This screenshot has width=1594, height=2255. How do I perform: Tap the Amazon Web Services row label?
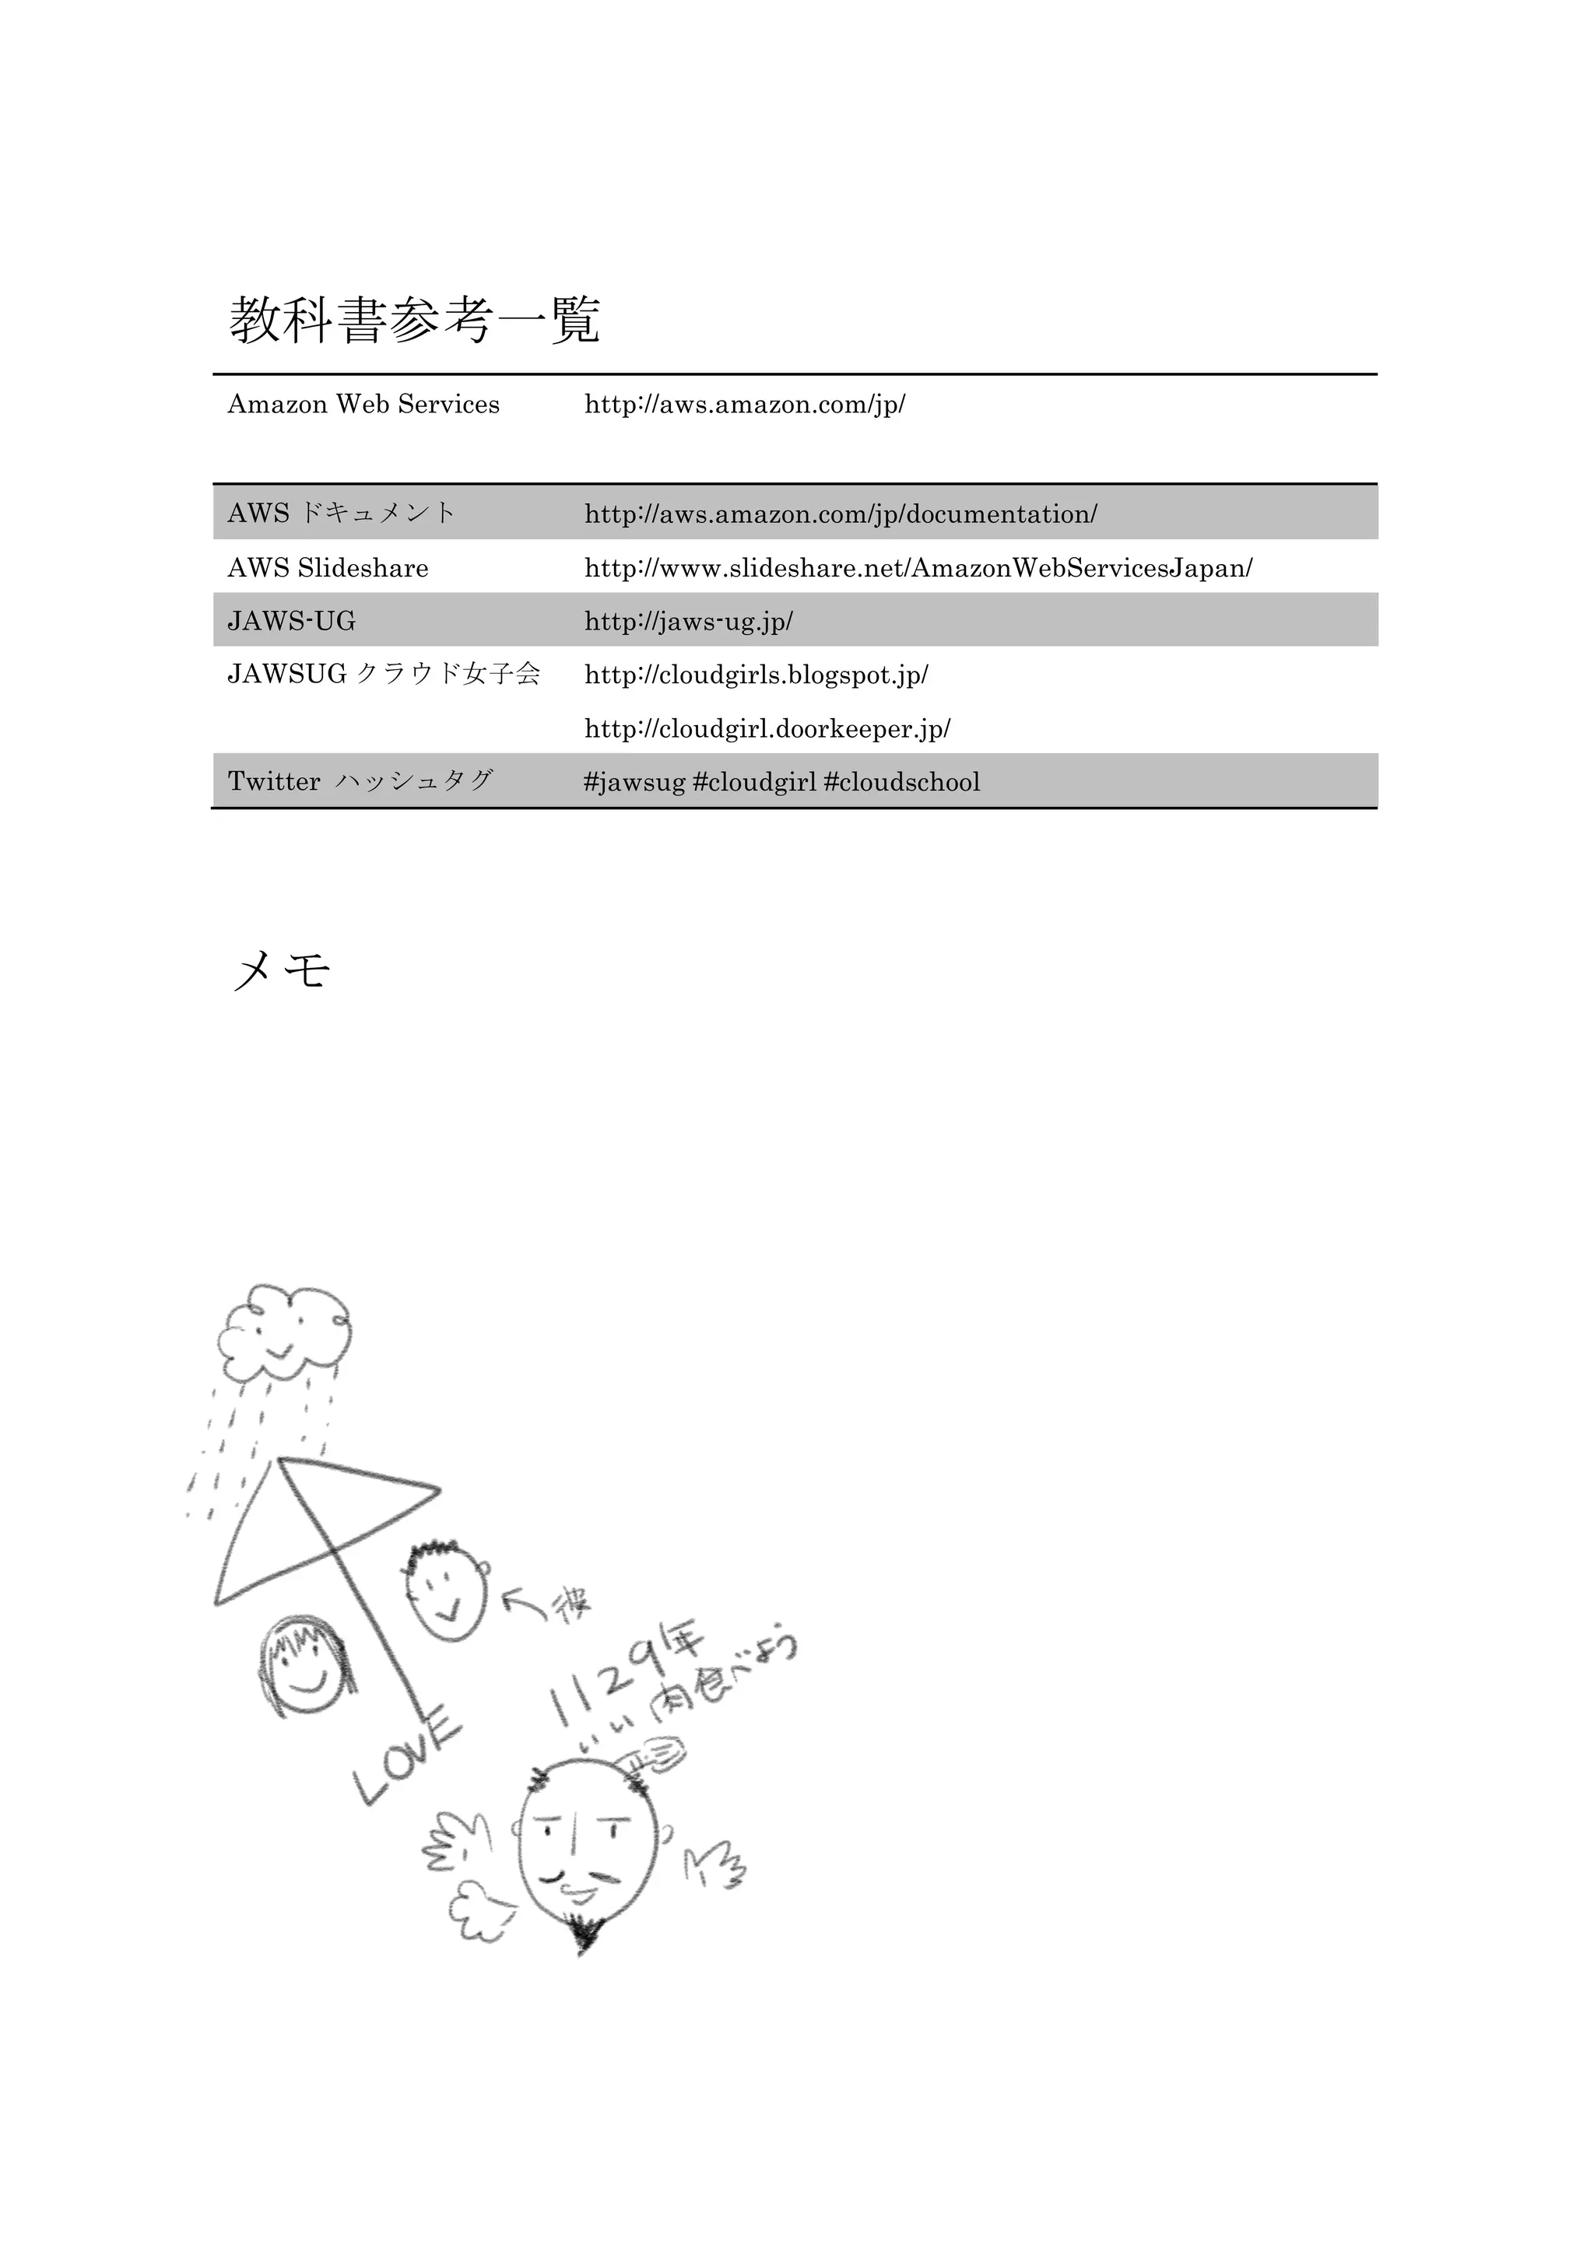[363, 405]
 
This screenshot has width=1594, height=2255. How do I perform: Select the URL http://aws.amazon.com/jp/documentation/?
[841, 514]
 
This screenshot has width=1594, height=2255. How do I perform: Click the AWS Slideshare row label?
[328, 568]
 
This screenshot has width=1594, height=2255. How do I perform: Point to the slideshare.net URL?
[918, 568]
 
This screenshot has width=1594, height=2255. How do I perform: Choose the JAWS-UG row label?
[292, 621]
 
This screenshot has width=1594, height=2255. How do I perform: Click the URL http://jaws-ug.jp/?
[689, 621]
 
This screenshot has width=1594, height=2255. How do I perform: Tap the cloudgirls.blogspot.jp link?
[757, 675]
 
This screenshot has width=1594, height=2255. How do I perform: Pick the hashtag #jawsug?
[634, 782]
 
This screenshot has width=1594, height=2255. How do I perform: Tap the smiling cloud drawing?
[285, 1333]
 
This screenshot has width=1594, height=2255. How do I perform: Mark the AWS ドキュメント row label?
[342, 513]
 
